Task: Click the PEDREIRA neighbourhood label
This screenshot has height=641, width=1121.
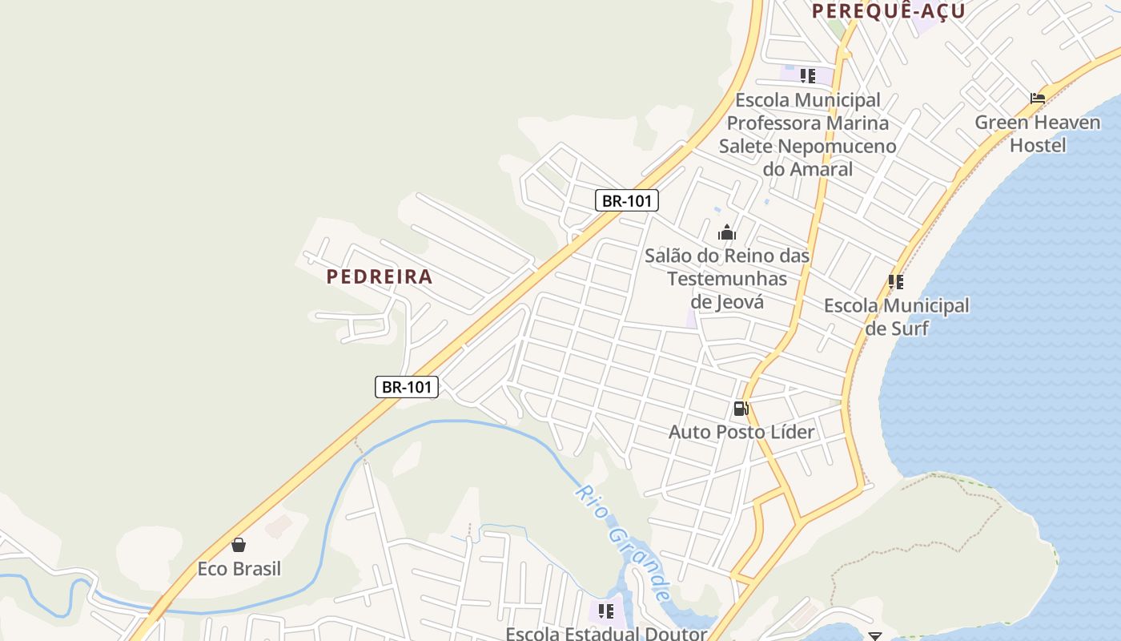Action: click(380, 276)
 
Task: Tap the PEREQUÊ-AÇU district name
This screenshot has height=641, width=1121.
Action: click(889, 11)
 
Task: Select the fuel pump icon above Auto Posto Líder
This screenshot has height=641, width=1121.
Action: click(741, 409)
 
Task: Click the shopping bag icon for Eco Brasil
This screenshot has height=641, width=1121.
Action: click(239, 545)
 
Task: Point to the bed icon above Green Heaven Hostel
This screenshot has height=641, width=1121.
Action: click(1038, 99)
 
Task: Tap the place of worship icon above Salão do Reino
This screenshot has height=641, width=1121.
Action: click(727, 233)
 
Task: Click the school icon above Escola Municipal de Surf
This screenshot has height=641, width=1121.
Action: click(895, 282)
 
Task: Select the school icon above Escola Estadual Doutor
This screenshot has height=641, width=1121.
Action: click(606, 611)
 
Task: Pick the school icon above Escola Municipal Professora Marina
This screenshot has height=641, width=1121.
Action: click(807, 76)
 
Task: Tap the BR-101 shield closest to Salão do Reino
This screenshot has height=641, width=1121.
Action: click(626, 200)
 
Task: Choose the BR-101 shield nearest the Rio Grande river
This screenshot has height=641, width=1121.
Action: click(407, 387)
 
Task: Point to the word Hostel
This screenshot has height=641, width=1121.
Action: click(1038, 145)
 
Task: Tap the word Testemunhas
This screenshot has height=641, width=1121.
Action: click(727, 279)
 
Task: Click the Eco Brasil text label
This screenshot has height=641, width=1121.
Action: click(239, 569)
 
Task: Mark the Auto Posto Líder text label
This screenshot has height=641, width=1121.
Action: click(741, 432)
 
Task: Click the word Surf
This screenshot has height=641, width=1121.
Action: click(910, 329)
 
